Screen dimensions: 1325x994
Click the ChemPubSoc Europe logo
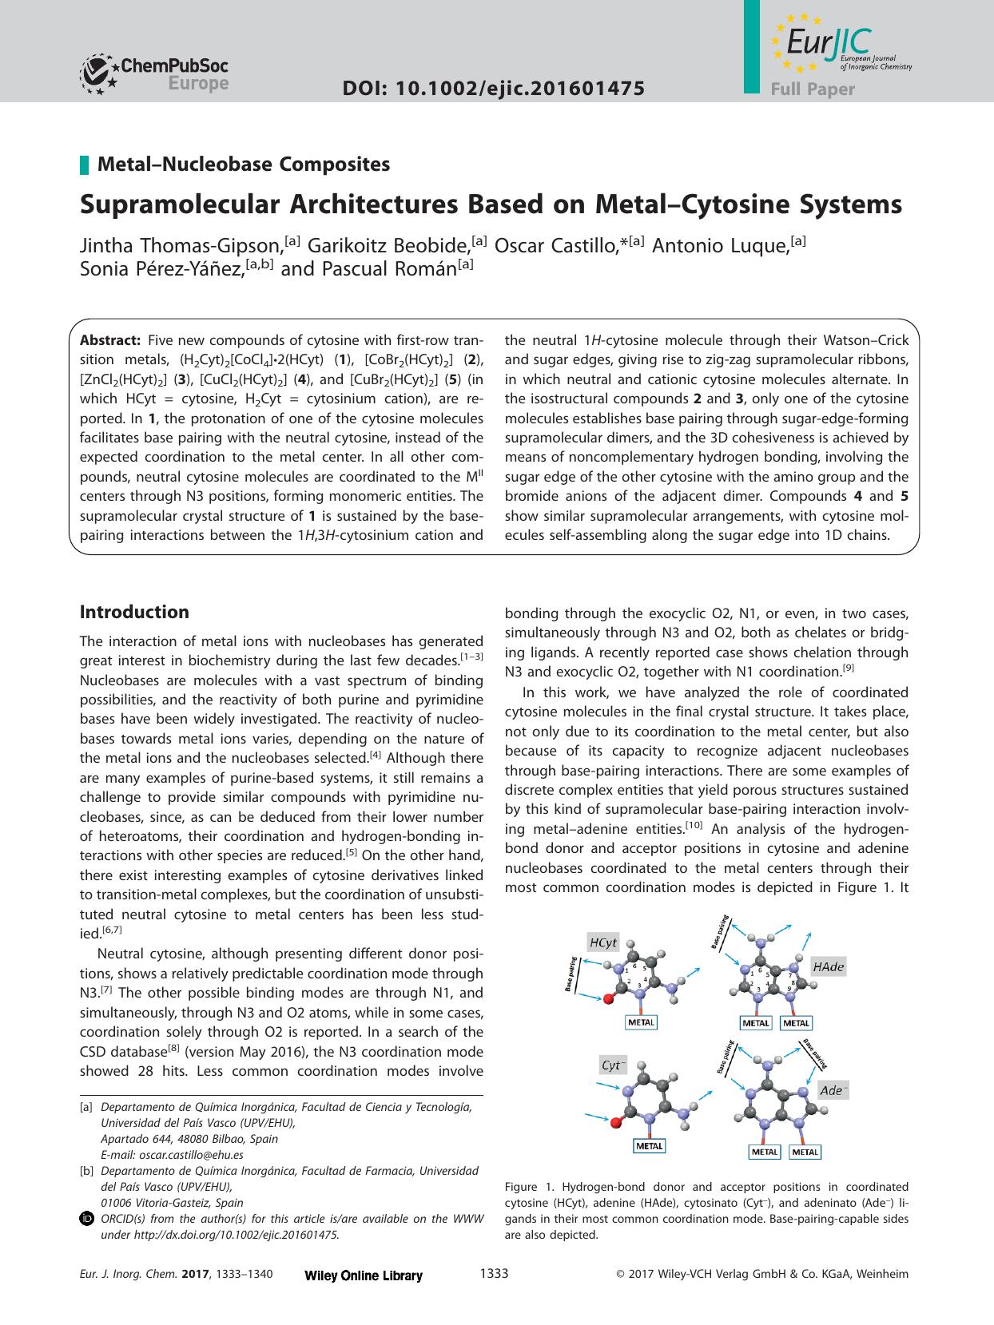pos(154,74)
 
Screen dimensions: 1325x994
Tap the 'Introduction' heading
pos(134,613)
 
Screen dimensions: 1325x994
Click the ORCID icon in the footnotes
pos(87,1219)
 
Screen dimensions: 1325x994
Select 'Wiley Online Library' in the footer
pos(364,1275)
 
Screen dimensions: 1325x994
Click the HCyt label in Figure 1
pos(603,942)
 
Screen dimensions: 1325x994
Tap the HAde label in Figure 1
pos(828,966)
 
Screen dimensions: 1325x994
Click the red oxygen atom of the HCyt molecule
pos(609,998)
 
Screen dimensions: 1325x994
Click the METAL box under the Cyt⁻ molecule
pos(649,1145)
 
